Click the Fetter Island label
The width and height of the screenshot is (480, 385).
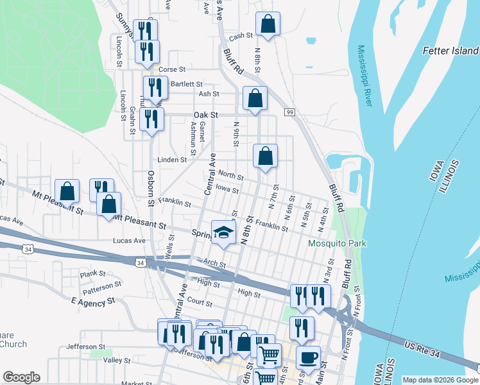point(450,51)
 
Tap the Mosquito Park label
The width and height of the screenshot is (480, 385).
point(337,244)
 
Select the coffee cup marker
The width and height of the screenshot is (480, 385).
point(308,357)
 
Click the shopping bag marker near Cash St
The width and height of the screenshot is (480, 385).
point(268,24)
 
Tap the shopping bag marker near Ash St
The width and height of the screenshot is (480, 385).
point(255,99)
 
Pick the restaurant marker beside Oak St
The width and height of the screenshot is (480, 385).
point(151,119)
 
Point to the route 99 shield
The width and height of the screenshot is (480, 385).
point(290,113)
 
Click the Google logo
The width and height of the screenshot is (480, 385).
point(21,377)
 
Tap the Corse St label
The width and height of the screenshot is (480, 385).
point(172,69)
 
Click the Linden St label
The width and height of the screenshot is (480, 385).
point(172,160)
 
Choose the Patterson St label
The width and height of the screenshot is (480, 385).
point(101,285)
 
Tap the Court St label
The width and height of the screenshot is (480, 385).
point(200,302)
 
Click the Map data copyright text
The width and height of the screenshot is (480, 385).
point(440,380)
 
